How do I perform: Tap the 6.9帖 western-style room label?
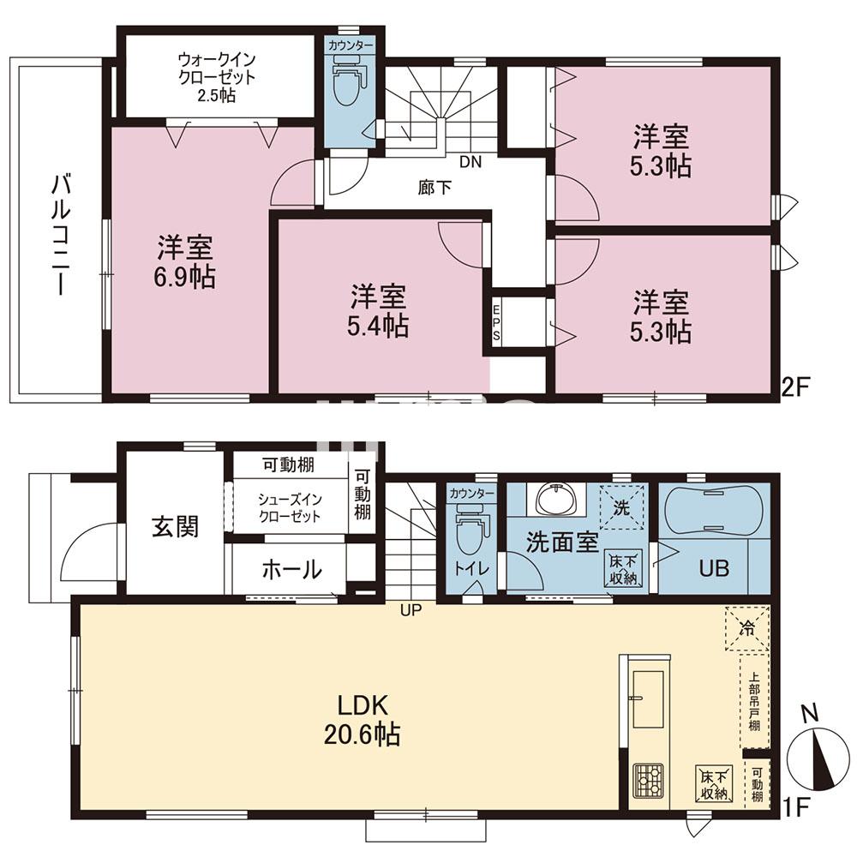click(185, 262)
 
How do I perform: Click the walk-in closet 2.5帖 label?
click(217, 77)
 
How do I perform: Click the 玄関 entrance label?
click(175, 526)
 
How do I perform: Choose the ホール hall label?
click(291, 568)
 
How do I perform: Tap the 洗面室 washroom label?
click(561, 543)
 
